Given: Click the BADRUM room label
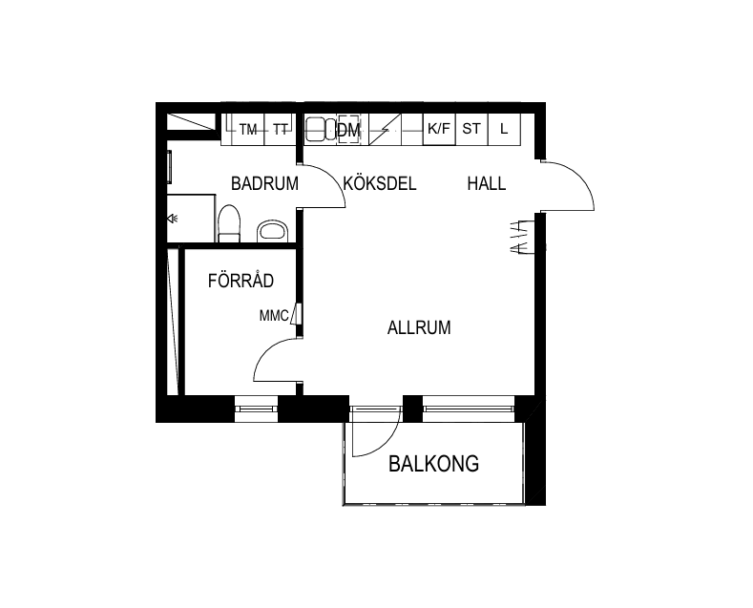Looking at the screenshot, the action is tap(264, 183).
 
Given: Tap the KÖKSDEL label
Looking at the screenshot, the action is tap(380, 183).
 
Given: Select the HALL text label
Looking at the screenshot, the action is tap(487, 183).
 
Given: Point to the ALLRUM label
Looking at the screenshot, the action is tap(419, 327).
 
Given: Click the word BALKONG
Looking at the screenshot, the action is tap(433, 464).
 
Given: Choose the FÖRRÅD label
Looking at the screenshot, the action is tap(241, 280).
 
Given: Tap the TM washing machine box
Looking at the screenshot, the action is tap(248, 129).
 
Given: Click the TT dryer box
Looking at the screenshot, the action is tap(281, 129).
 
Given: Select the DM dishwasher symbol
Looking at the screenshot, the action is tap(348, 130).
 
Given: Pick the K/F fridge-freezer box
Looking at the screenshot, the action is tap(439, 129).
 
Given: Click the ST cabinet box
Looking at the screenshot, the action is tap(471, 129).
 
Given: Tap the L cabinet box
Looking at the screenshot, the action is tap(504, 129).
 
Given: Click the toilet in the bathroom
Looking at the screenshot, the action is tap(229, 223).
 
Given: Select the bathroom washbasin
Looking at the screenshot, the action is tap(272, 232).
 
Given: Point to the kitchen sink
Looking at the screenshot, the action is tap(321, 129).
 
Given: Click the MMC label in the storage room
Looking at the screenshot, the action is tap(274, 316).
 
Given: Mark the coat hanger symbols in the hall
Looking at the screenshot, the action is tap(522, 237).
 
